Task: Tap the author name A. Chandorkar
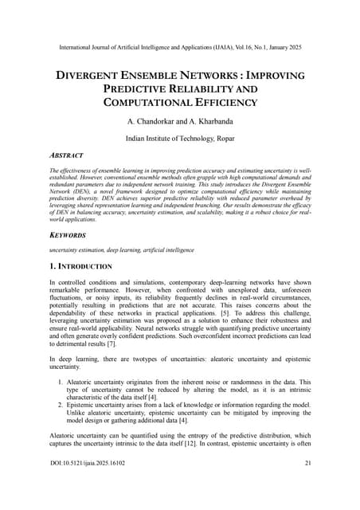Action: tap(151, 122)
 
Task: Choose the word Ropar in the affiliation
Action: tap(225, 139)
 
